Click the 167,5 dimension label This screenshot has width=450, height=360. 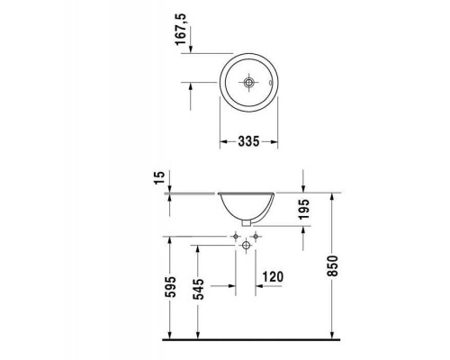(181, 32)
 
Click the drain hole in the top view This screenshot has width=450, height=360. (248, 82)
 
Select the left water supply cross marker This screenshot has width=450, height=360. (237, 237)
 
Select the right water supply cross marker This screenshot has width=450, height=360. (257, 237)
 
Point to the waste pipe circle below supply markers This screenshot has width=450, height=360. (247, 247)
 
